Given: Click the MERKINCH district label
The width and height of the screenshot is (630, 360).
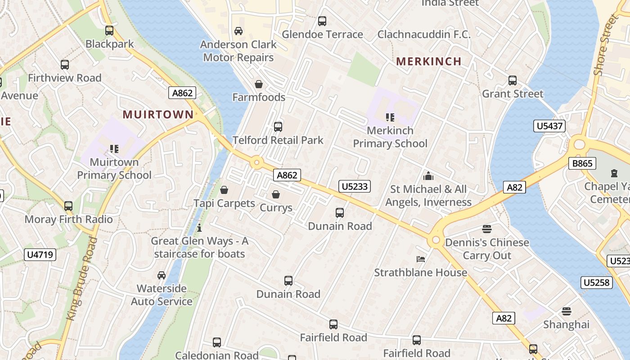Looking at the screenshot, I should (x=428, y=62).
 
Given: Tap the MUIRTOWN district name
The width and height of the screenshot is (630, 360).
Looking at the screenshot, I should (x=158, y=115).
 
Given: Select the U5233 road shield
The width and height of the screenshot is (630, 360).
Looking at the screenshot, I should (x=355, y=186).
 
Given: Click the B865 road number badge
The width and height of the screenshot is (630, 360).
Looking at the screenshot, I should (x=582, y=163).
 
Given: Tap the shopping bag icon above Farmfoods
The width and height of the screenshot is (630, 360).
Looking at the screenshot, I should (x=259, y=84).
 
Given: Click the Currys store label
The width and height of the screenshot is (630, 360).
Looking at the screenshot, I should (x=276, y=208).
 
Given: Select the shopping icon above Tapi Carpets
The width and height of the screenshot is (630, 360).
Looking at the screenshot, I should (x=224, y=190).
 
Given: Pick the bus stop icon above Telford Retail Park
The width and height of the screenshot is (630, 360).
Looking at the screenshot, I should (x=278, y=127).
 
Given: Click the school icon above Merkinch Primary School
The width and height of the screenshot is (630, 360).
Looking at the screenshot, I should (x=390, y=117).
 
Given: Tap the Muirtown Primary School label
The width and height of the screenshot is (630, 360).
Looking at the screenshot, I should (x=114, y=168).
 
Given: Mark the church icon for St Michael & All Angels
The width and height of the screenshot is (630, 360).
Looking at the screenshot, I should (x=428, y=176).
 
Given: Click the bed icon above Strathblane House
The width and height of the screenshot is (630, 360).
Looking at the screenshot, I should (x=421, y=259).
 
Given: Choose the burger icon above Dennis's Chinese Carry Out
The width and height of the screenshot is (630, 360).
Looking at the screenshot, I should (x=487, y=229).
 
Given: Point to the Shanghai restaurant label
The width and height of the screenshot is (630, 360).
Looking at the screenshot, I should (x=566, y=324).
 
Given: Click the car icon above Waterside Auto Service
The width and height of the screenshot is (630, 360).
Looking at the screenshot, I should (x=162, y=275).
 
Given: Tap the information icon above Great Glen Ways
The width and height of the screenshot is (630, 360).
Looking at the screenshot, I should (x=199, y=228).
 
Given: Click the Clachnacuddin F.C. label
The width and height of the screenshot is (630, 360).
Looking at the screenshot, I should (x=424, y=34).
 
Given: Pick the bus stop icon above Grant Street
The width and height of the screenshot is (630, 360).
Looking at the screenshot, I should (x=513, y=81).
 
